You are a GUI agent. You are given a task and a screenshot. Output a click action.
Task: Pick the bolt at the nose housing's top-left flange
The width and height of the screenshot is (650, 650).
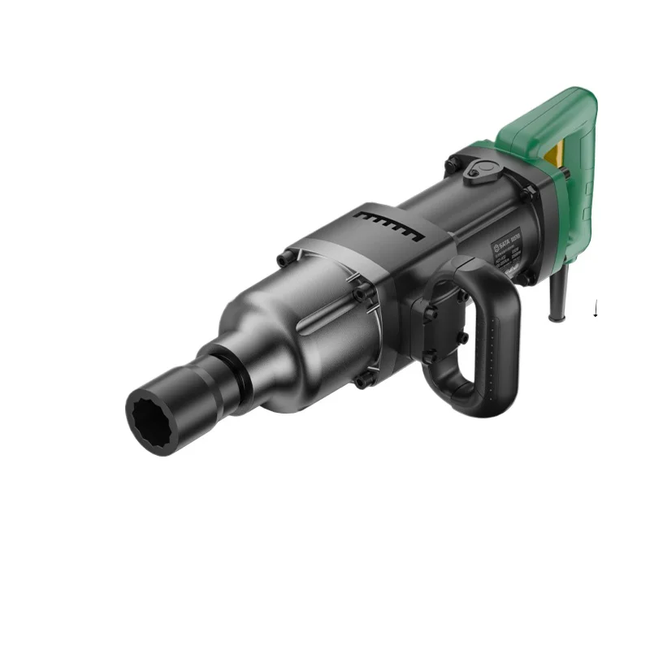284,260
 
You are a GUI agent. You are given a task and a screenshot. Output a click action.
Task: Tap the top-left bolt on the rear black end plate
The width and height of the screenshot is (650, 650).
451,165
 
